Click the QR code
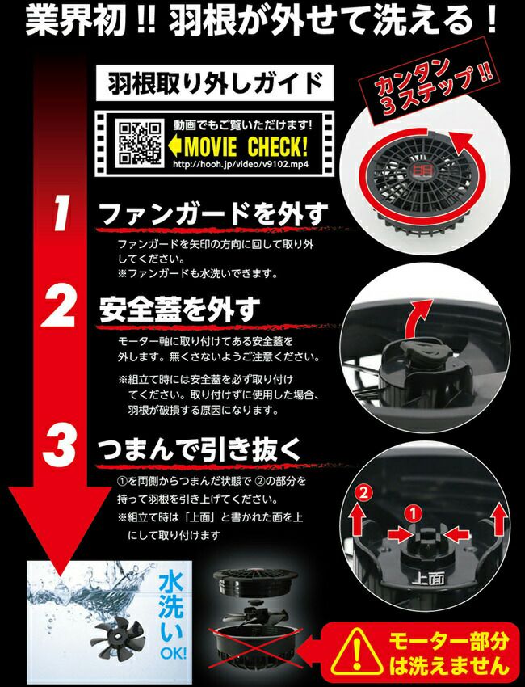tap(140, 143)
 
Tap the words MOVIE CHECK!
tap(246, 147)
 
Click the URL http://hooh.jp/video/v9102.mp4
tap(241, 165)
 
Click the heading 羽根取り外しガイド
tap(215, 82)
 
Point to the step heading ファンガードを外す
tap(214, 214)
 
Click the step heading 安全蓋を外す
tap(179, 310)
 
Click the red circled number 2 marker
tap(363, 493)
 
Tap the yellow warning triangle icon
tap(356, 651)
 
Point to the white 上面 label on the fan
tap(429, 580)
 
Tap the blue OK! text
tap(173, 654)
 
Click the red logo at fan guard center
tap(414, 171)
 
